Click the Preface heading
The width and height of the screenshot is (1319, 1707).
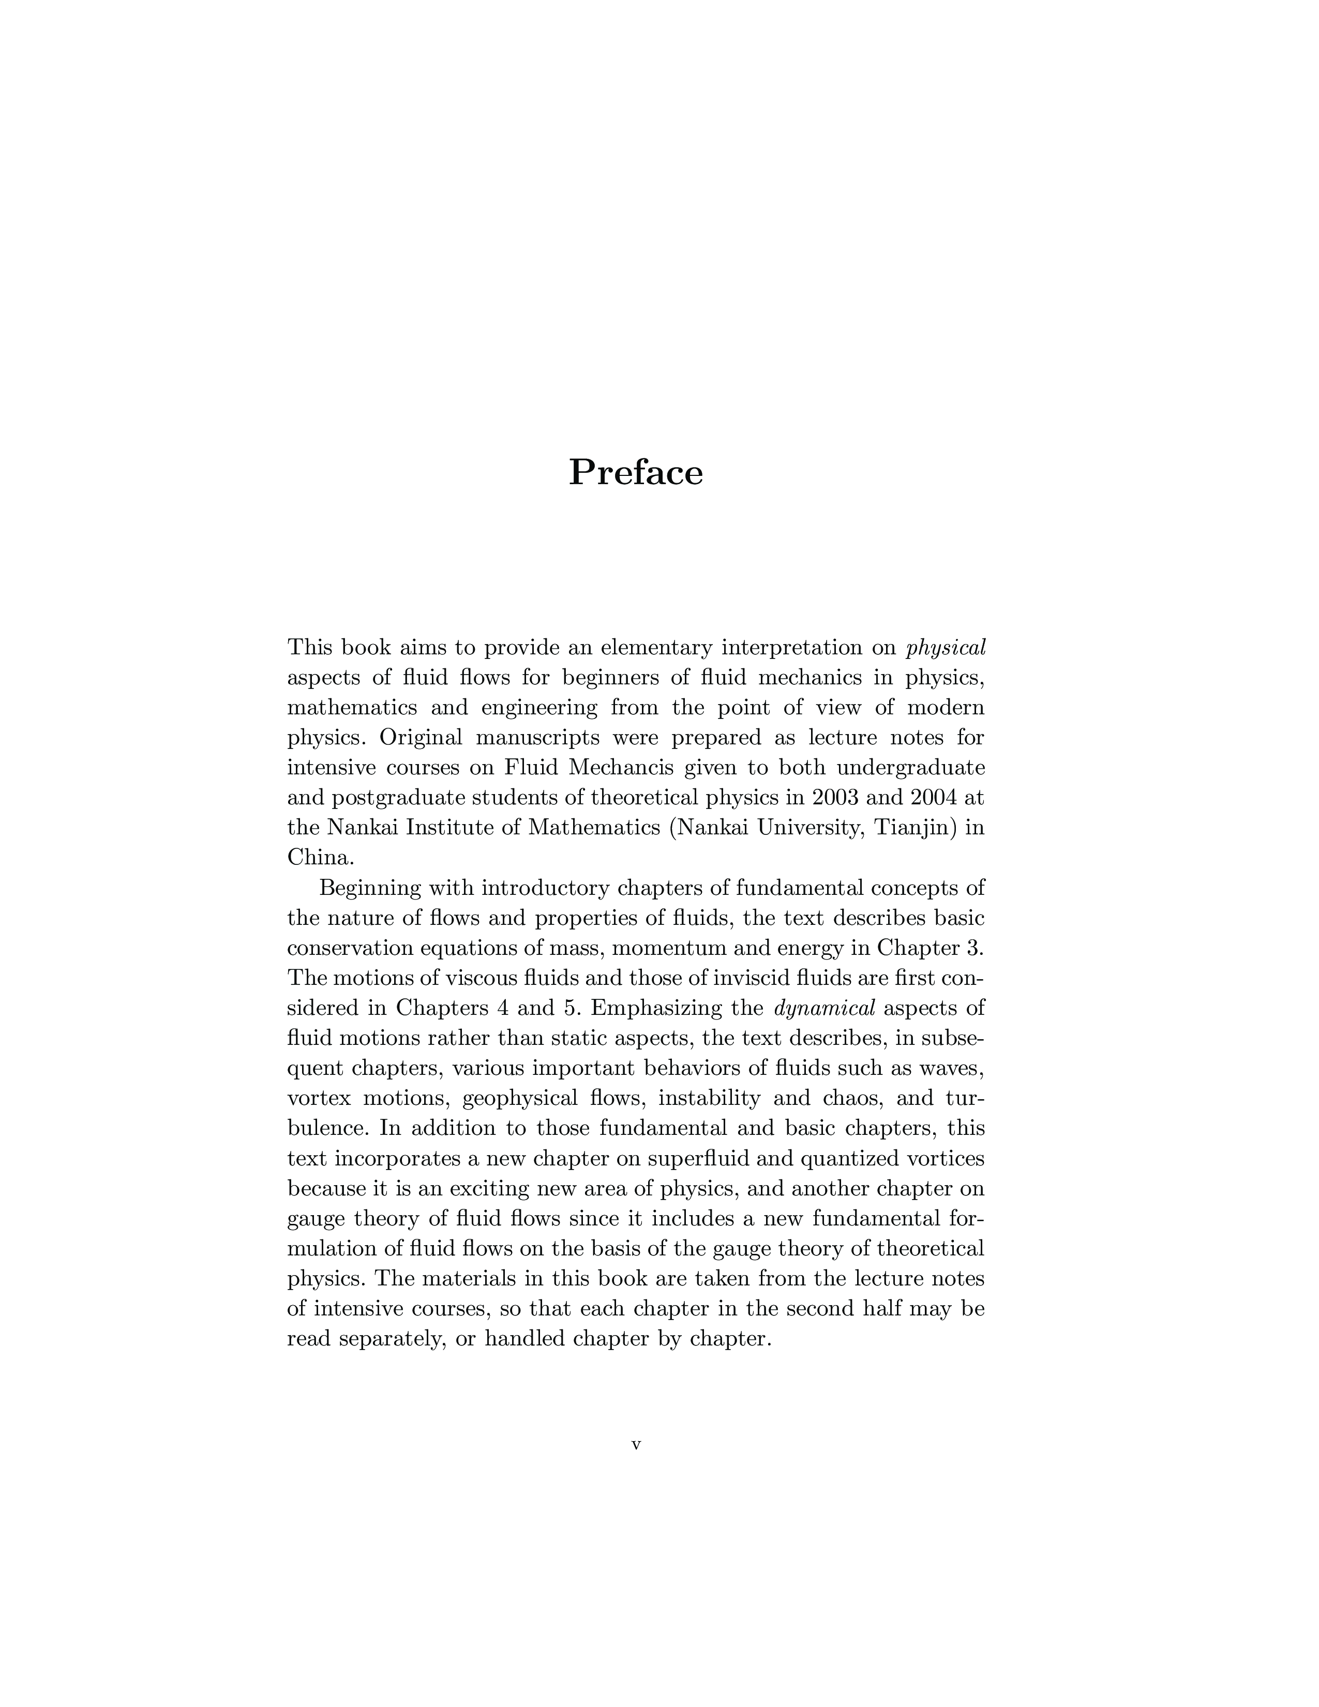pos(635,473)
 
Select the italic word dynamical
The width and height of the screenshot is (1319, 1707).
pos(823,1008)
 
